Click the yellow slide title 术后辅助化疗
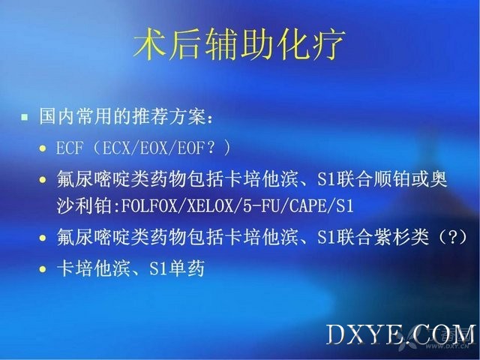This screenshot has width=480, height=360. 240,44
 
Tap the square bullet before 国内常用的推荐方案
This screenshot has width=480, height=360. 25,117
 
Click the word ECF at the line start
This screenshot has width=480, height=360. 70,148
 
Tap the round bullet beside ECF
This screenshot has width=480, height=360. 43,148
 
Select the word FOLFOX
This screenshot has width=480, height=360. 149,206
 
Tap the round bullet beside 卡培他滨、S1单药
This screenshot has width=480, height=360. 43,269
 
